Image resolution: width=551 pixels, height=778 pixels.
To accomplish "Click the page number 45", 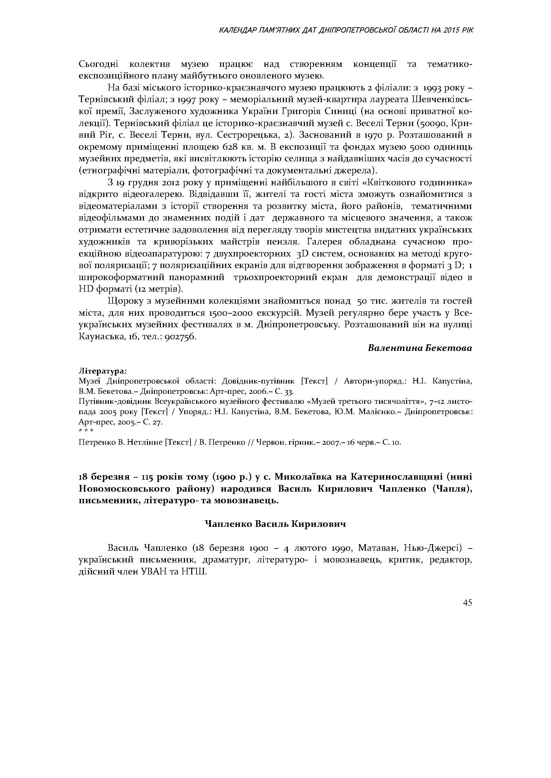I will coord(467,603).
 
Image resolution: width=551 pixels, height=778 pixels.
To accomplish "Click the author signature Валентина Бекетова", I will coord(420,348).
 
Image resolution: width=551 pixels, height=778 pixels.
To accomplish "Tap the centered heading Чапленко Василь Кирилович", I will coord(275,524).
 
